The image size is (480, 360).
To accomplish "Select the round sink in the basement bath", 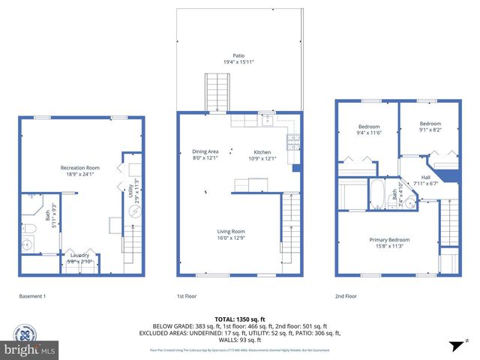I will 28,244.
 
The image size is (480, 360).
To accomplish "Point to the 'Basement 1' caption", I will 32,296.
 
